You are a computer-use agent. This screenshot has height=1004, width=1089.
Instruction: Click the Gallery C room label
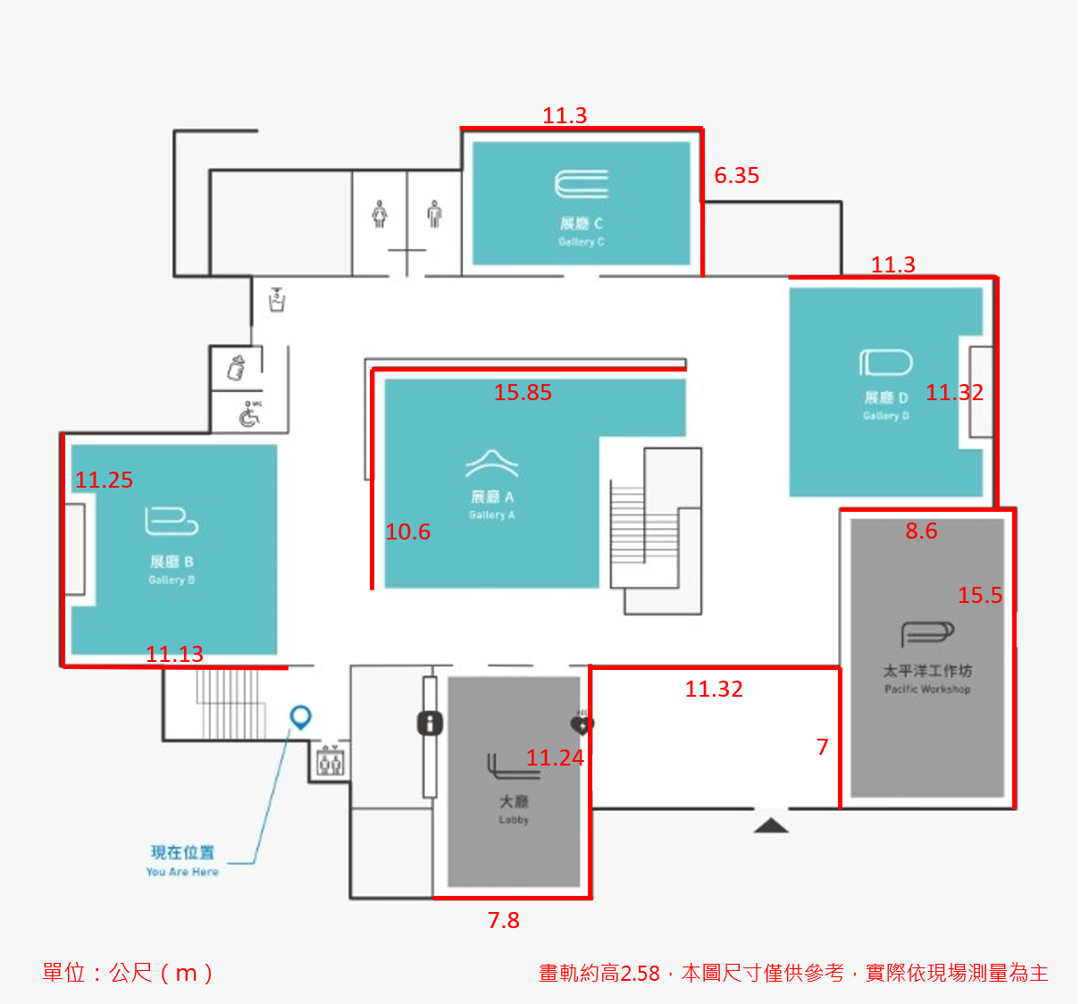[582, 231]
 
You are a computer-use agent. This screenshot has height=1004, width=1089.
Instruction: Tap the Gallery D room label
[886, 406]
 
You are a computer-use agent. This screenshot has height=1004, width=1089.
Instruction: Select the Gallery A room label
[492, 505]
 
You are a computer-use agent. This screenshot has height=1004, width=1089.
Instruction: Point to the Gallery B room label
[172, 570]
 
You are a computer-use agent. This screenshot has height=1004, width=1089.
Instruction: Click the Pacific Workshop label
[927, 679]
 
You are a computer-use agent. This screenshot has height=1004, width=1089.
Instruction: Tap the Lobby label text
[514, 809]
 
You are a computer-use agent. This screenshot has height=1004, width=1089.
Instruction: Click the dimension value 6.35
[737, 175]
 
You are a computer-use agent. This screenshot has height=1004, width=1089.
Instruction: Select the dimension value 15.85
[523, 392]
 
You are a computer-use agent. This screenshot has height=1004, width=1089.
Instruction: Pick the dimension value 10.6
[407, 531]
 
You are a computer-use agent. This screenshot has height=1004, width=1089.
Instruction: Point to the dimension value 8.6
[921, 531]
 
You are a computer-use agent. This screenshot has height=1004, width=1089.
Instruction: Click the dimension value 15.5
[980, 595]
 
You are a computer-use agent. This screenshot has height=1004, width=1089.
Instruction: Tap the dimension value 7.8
[503, 920]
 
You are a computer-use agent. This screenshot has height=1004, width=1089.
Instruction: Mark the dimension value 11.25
[104, 480]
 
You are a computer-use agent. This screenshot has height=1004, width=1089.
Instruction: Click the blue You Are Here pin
[301, 716]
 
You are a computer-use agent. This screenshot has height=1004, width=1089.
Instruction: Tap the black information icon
[430, 723]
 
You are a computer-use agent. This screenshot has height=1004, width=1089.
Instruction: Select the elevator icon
[330, 762]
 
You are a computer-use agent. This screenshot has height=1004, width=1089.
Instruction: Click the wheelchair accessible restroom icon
[249, 414]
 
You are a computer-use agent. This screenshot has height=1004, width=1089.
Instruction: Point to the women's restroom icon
[380, 214]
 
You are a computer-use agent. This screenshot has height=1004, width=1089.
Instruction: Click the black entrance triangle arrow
[770, 824]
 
